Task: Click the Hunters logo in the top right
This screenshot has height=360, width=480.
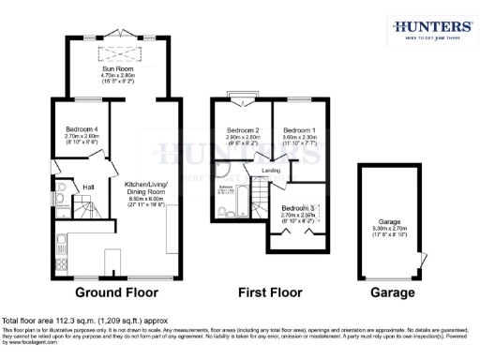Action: (430, 29)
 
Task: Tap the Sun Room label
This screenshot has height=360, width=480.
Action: (118, 67)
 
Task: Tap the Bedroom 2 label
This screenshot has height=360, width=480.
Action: (242, 129)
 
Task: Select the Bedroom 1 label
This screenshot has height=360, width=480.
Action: (300, 129)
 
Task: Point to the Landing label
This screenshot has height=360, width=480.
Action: (271, 171)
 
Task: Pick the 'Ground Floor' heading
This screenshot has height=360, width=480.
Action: (112, 292)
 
